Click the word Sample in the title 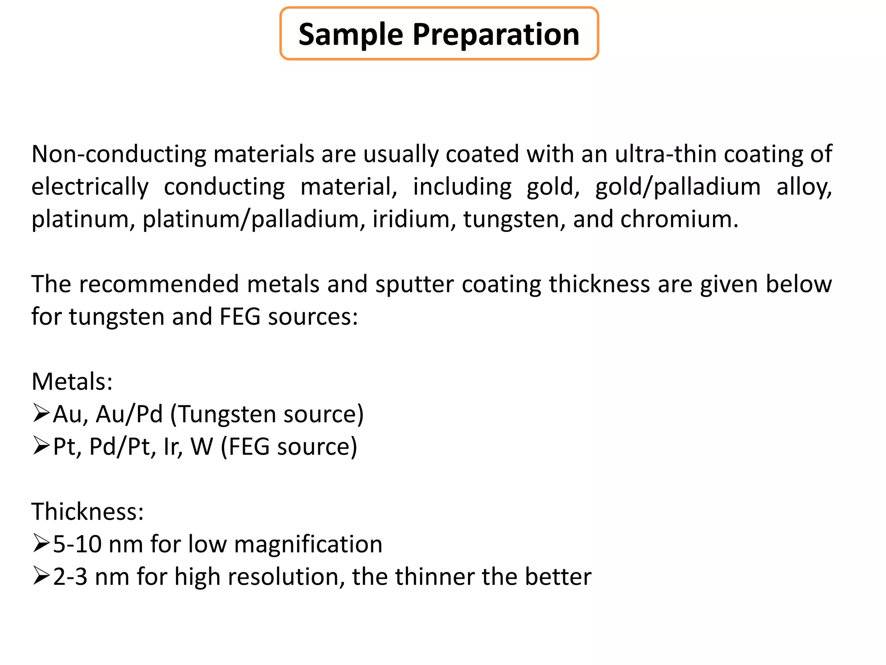click(x=350, y=35)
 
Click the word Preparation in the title click(x=496, y=35)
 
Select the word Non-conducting click(x=119, y=154)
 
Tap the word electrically click(x=90, y=187)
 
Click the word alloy click(x=804, y=187)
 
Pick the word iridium click(x=414, y=219)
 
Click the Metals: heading click(x=72, y=382)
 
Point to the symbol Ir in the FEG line click(x=172, y=447)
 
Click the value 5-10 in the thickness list click(x=77, y=544)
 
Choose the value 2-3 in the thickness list click(x=70, y=577)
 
